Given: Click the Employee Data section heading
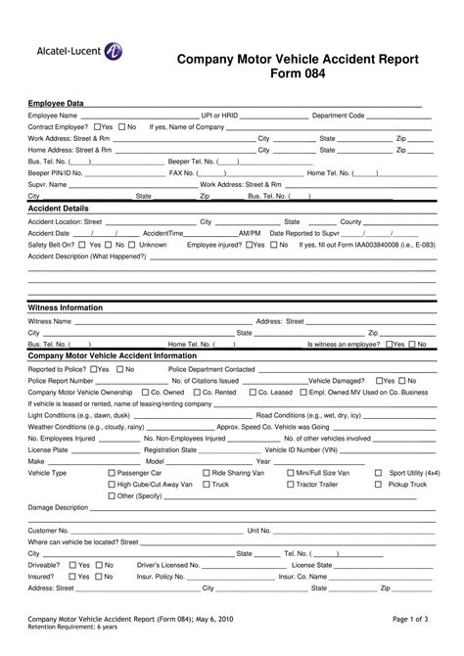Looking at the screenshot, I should (56, 103).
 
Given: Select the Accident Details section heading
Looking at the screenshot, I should (59, 209).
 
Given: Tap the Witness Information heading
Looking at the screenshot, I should (66, 307).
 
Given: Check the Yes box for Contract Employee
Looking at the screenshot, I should (98, 127).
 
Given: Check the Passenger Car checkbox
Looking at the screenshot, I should (110, 472).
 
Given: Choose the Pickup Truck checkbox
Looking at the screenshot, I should (378, 484).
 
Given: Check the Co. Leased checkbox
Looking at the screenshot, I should (264, 392).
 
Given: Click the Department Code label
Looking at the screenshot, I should (338, 116).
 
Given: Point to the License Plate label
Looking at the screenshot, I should (48, 449).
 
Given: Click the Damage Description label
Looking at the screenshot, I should (59, 507).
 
